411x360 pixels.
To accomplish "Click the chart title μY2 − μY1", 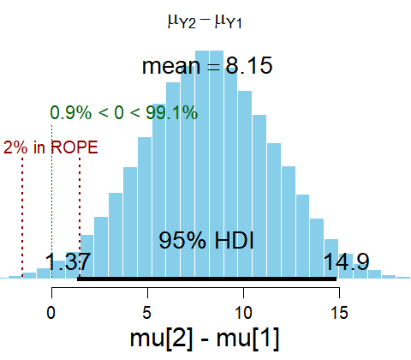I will point(206,19).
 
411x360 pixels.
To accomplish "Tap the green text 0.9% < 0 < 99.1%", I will point(123,112).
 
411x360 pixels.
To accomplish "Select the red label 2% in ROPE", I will point(51,147).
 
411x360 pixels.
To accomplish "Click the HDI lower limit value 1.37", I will point(68,261).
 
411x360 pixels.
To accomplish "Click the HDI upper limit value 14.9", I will point(347,261).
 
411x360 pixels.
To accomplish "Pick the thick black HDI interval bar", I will point(206,278).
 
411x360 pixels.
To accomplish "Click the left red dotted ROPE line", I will point(22,214).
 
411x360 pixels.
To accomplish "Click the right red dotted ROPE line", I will point(80,214).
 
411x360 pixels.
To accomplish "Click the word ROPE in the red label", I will point(74,147).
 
